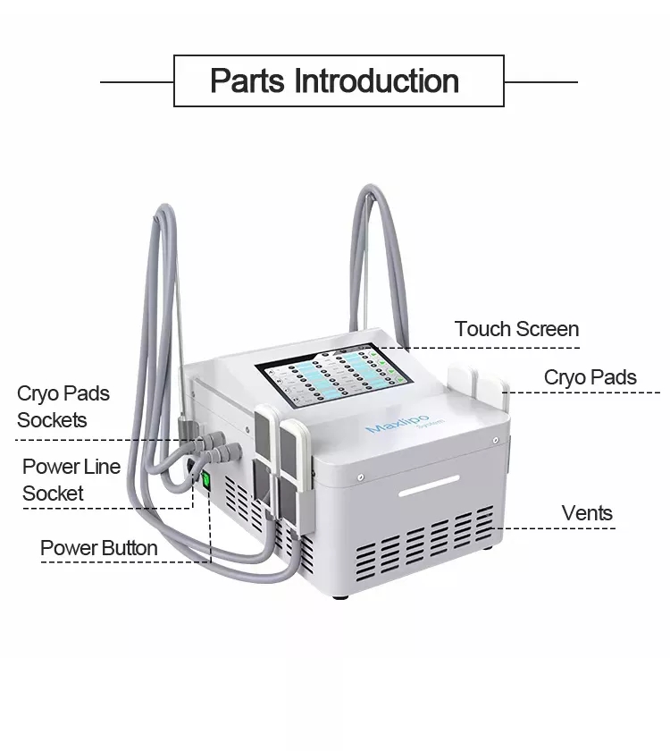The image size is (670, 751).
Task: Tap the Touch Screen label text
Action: (516, 329)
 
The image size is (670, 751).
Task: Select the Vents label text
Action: (587, 513)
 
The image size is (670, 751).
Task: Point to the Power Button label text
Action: (98, 548)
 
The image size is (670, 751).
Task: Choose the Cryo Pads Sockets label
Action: (63, 407)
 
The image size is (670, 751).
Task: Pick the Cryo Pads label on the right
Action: (590, 377)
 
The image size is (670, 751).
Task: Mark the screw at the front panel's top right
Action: (495, 440)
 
